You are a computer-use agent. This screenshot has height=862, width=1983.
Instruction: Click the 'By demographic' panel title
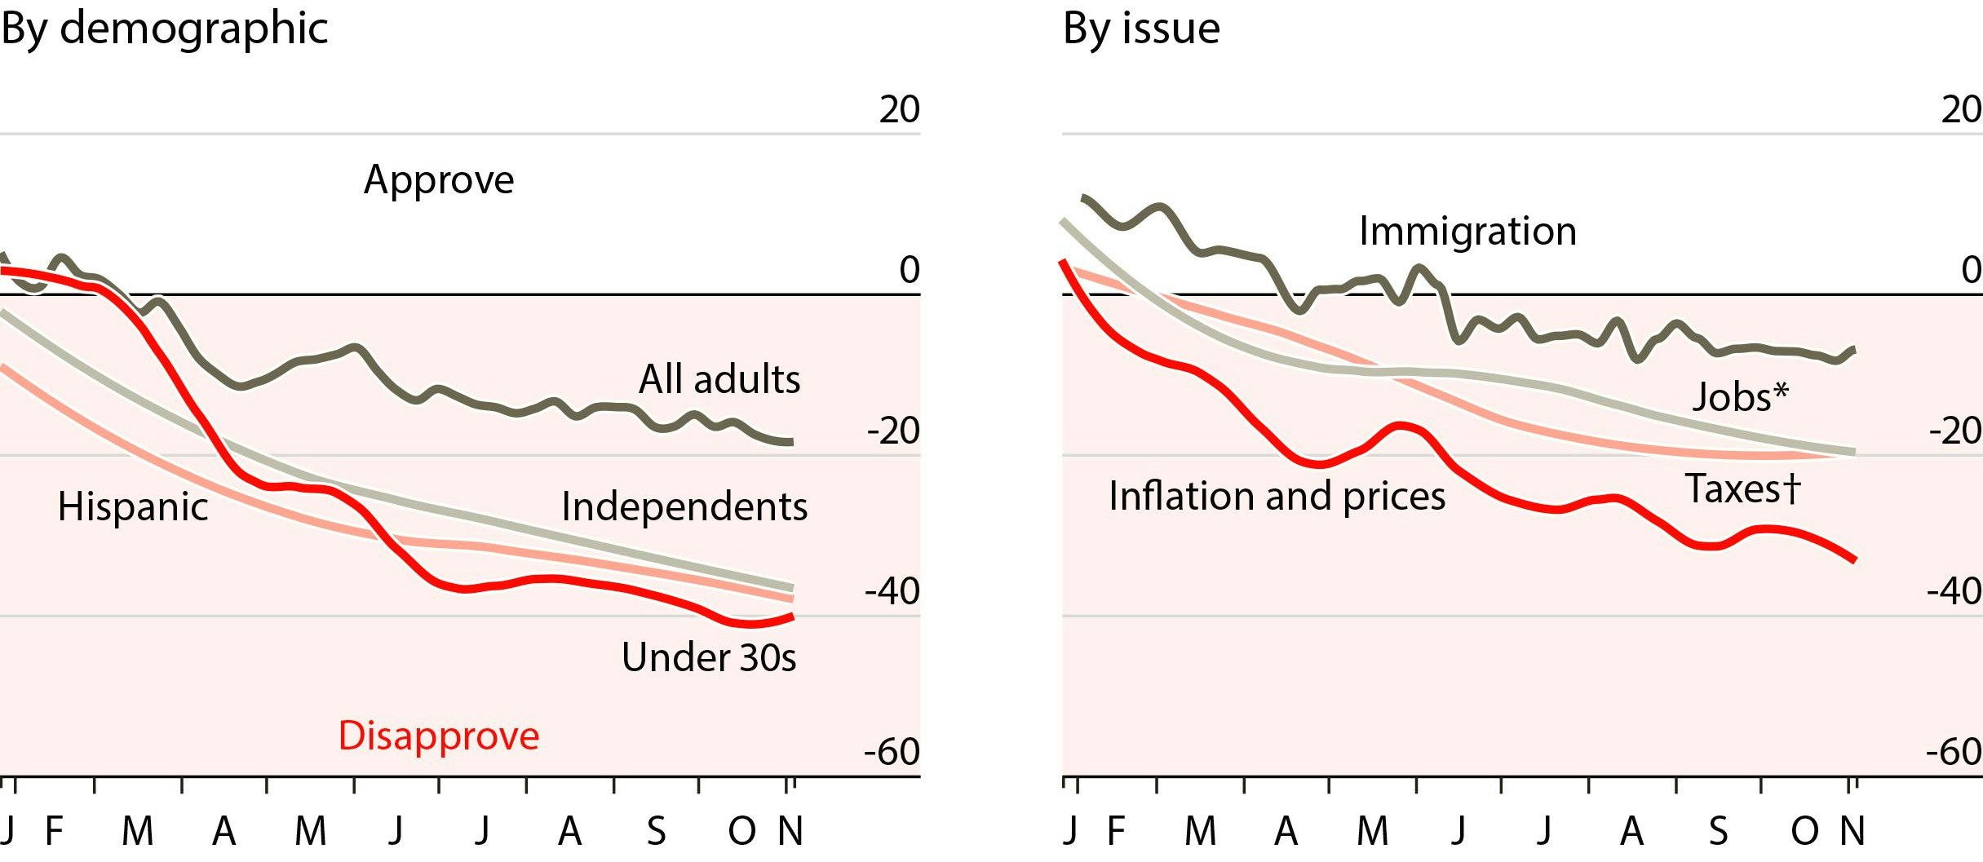164,29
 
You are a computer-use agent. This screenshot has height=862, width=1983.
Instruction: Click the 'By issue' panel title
1141,29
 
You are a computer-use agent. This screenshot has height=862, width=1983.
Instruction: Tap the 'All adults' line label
719,379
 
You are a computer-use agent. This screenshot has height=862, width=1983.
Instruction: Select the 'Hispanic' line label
133,506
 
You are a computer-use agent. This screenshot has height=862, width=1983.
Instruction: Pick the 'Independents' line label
684,506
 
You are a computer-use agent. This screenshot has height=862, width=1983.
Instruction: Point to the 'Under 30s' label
708,657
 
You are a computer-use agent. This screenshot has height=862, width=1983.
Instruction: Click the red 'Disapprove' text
439,736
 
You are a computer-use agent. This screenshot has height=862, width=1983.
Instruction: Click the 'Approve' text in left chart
439,179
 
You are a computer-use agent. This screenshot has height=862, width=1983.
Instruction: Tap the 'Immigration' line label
1467,231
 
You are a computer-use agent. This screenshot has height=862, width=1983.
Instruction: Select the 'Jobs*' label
1740,397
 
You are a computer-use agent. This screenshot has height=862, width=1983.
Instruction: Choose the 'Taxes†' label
1742,489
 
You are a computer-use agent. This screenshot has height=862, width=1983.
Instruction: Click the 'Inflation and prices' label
1277,496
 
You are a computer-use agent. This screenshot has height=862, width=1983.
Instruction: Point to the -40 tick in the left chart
892,591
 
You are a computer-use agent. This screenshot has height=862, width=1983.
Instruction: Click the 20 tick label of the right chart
1961,109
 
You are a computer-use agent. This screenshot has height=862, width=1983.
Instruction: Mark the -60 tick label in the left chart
892,752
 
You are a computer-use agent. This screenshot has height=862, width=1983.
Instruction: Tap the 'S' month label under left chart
656,832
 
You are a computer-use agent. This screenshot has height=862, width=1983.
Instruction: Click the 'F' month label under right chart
1117,832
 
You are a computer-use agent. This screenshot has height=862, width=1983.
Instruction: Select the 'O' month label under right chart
1804,832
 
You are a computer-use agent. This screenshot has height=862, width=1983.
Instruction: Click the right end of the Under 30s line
791,617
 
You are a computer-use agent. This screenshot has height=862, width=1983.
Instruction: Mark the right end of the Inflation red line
1855,559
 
